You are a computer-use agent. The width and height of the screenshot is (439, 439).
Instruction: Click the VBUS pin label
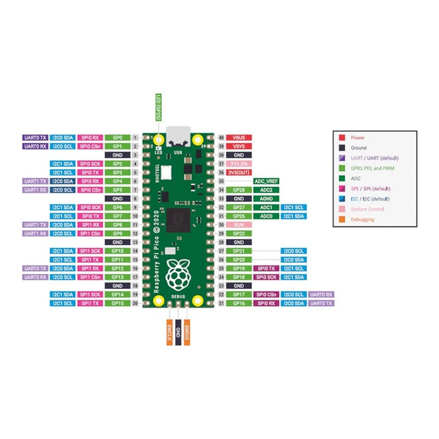coord(239,137)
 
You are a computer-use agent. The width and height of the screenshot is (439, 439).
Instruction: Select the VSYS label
coord(239,147)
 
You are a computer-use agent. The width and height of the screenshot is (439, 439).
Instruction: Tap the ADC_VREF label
coord(266,181)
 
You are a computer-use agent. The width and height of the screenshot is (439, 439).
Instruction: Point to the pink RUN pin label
coord(239,225)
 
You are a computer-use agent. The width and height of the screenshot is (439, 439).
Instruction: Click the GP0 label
coord(117,137)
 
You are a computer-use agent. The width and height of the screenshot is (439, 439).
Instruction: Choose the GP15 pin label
coord(117,303)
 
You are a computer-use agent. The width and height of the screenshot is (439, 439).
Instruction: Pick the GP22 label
coord(239,234)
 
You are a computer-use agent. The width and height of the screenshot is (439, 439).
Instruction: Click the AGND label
coord(266,199)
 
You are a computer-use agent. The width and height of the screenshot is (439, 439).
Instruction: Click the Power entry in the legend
coord(357,138)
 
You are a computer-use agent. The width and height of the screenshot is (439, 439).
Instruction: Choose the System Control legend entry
coord(367,209)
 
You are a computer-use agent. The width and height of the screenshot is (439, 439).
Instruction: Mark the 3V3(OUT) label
coord(239,172)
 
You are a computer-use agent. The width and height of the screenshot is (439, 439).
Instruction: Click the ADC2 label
coord(266,190)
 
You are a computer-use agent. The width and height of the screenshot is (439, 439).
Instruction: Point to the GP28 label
coord(239,190)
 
